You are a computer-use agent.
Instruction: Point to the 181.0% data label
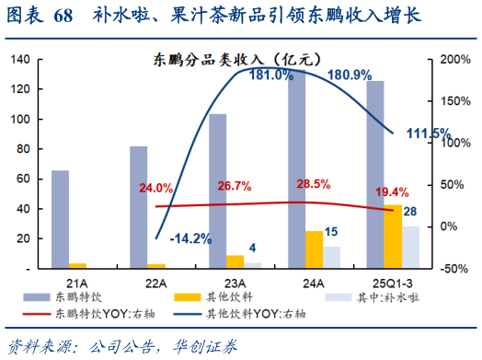click(270, 75)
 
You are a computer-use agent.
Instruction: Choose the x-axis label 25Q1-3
click(393, 282)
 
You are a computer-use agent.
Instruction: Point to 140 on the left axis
click(20, 60)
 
